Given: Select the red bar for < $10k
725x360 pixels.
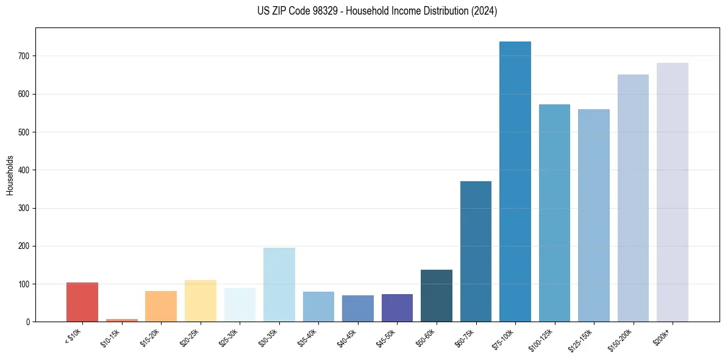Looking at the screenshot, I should pos(82,302).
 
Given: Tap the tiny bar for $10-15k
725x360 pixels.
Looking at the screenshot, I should pos(122,320).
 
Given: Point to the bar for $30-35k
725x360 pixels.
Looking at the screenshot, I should pos(279,284).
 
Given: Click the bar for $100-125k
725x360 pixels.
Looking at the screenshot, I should pos(554,213).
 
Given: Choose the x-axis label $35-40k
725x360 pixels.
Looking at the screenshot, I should pos(309,336).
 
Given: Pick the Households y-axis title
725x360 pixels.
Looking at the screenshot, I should pos(10,175).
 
